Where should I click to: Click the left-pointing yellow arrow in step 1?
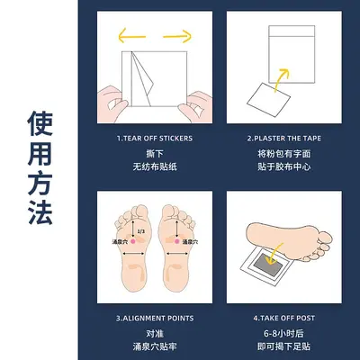click(x=131, y=36)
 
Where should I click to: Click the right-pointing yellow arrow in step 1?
click(x=177, y=36)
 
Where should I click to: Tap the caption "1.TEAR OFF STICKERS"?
click(x=155, y=139)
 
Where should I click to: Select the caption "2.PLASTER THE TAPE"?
click(x=283, y=139)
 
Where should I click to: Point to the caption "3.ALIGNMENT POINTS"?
click(x=155, y=319)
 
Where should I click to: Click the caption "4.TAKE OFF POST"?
click(x=283, y=319)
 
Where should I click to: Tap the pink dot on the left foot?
click(x=133, y=241)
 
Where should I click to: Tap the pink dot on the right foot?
click(x=177, y=241)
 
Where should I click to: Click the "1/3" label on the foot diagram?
click(x=140, y=231)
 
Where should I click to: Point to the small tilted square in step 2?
click(x=268, y=100)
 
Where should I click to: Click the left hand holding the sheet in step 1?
click(x=111, y=104)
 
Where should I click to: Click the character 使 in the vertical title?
click(x=40, y=123)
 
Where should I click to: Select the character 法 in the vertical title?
click(x=40, y=212)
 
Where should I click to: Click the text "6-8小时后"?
click(x=283, y=333)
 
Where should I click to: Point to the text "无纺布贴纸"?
click(x=155, y=166)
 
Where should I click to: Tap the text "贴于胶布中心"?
click(x=283, y=166)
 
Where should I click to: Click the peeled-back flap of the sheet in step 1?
click(x=142, y=78)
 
